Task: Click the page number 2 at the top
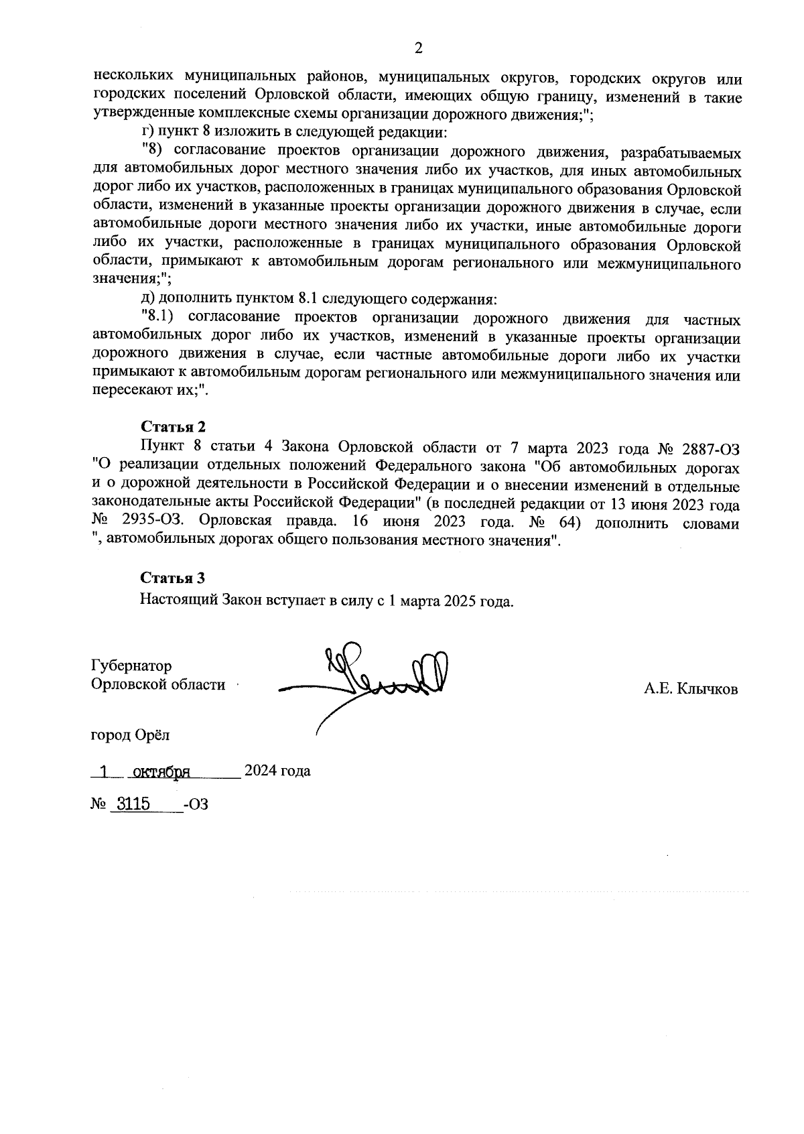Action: click(x=419, y=48)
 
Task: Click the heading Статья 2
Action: click(x=172, y=427)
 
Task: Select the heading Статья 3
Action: click(x=172, y=578)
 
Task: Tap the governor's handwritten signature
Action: click(x=375, y=677)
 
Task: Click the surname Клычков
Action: click(x=708, y=689)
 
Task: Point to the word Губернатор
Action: click(x=131, y=666)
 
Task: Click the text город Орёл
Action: click(x=130, y=735)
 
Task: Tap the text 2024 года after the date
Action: click(x=277, y=771)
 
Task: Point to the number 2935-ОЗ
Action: click(x=157, y=523)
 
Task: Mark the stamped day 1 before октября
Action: click(x=103, y=771)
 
